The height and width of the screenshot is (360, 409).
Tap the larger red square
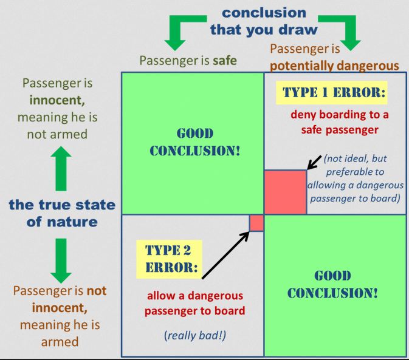coord(285,192)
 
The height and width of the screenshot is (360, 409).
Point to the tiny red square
coord(256,223)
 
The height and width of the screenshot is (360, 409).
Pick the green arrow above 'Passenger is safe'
coord(177,33)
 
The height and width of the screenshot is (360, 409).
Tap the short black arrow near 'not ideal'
coord(315,163)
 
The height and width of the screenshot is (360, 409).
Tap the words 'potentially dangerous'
coord(334,66)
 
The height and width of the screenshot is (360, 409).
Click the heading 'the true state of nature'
coord(61,212)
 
